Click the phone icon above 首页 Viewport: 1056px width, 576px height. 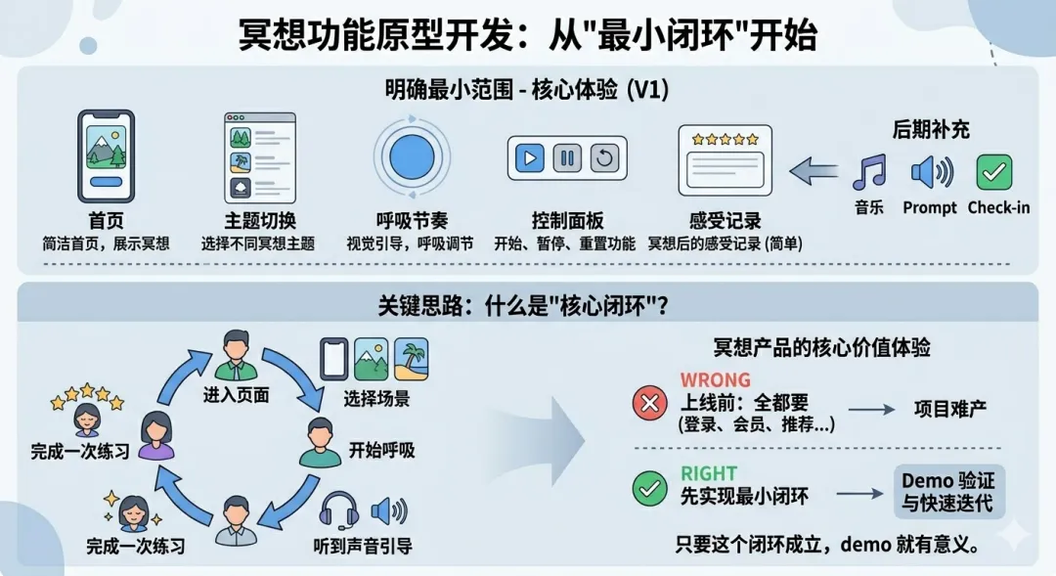point(106,155)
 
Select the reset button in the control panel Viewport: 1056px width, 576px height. point(602,157)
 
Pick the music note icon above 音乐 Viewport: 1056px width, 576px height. point(868,172)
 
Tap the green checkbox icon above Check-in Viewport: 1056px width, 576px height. point(995,172)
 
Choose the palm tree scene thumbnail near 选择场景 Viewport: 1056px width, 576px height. point(411,359)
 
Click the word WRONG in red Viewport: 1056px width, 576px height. point(716,379)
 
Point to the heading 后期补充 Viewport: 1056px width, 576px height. point(931,129)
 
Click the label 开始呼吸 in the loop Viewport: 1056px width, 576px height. point(381,451)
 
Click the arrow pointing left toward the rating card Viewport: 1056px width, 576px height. point(814,172)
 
